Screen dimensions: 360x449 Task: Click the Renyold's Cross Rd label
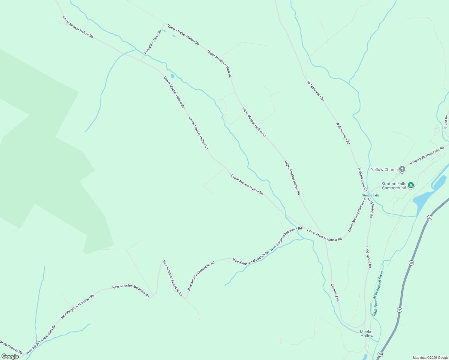153,42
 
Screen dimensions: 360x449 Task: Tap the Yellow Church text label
384,169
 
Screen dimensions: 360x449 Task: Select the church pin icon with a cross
402,169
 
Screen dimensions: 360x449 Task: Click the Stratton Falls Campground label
394,186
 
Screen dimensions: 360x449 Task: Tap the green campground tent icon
411,185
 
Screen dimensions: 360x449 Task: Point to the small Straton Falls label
371,195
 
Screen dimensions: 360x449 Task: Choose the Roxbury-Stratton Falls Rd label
426,155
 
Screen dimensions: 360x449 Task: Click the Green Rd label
446,122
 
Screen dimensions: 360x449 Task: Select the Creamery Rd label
335,292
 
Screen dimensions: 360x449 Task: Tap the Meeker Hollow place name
367,334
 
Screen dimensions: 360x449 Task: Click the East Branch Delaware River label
378,293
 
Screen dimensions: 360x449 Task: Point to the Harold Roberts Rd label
11,347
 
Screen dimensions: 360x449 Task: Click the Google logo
10,356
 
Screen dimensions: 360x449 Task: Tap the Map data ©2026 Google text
430,358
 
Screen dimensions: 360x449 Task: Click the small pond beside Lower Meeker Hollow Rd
172,76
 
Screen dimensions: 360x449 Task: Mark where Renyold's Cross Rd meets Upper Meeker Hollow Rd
165,24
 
